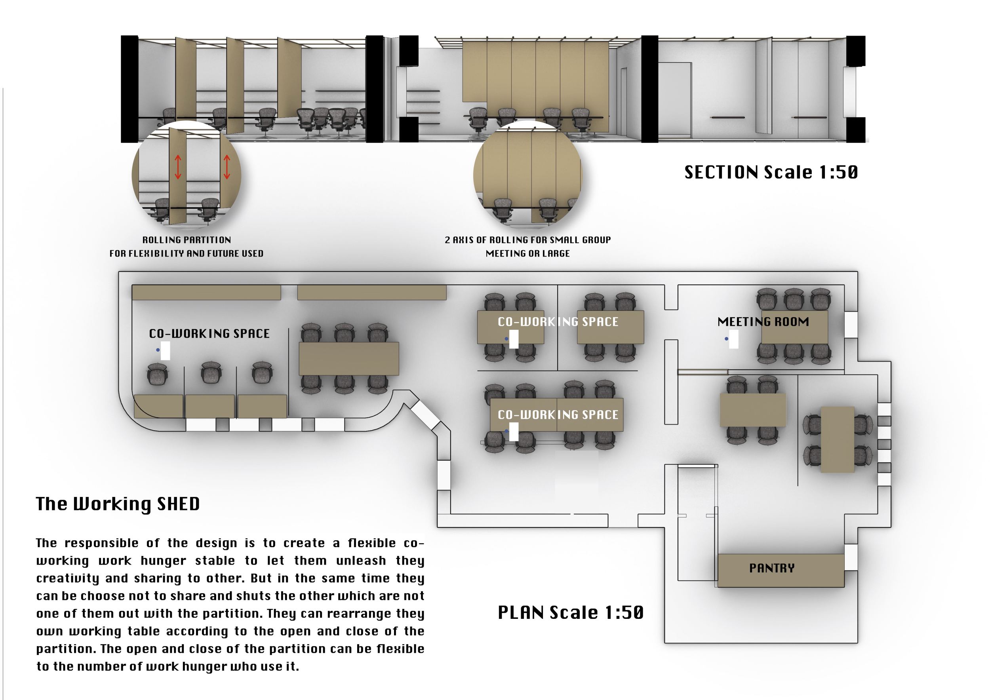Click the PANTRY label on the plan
[x=771, y=568]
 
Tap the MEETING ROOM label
[x=763, y=321]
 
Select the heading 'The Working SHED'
[x=118, y=504]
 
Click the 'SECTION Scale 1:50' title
[x=771, y=172]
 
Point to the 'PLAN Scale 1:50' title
[x=571, y=612]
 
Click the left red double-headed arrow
[x=178, y=167]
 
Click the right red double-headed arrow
[x=227, y=167]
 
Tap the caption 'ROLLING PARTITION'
[x=187, y=240]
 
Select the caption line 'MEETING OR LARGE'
[x=528, y=253]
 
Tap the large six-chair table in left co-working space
[x=348, y=359]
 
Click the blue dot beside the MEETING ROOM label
[x=727, y=339]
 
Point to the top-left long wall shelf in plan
[x=206, y=292]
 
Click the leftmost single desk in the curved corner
[x=158, y=406]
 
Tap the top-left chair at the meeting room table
[x=767, y=299]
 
